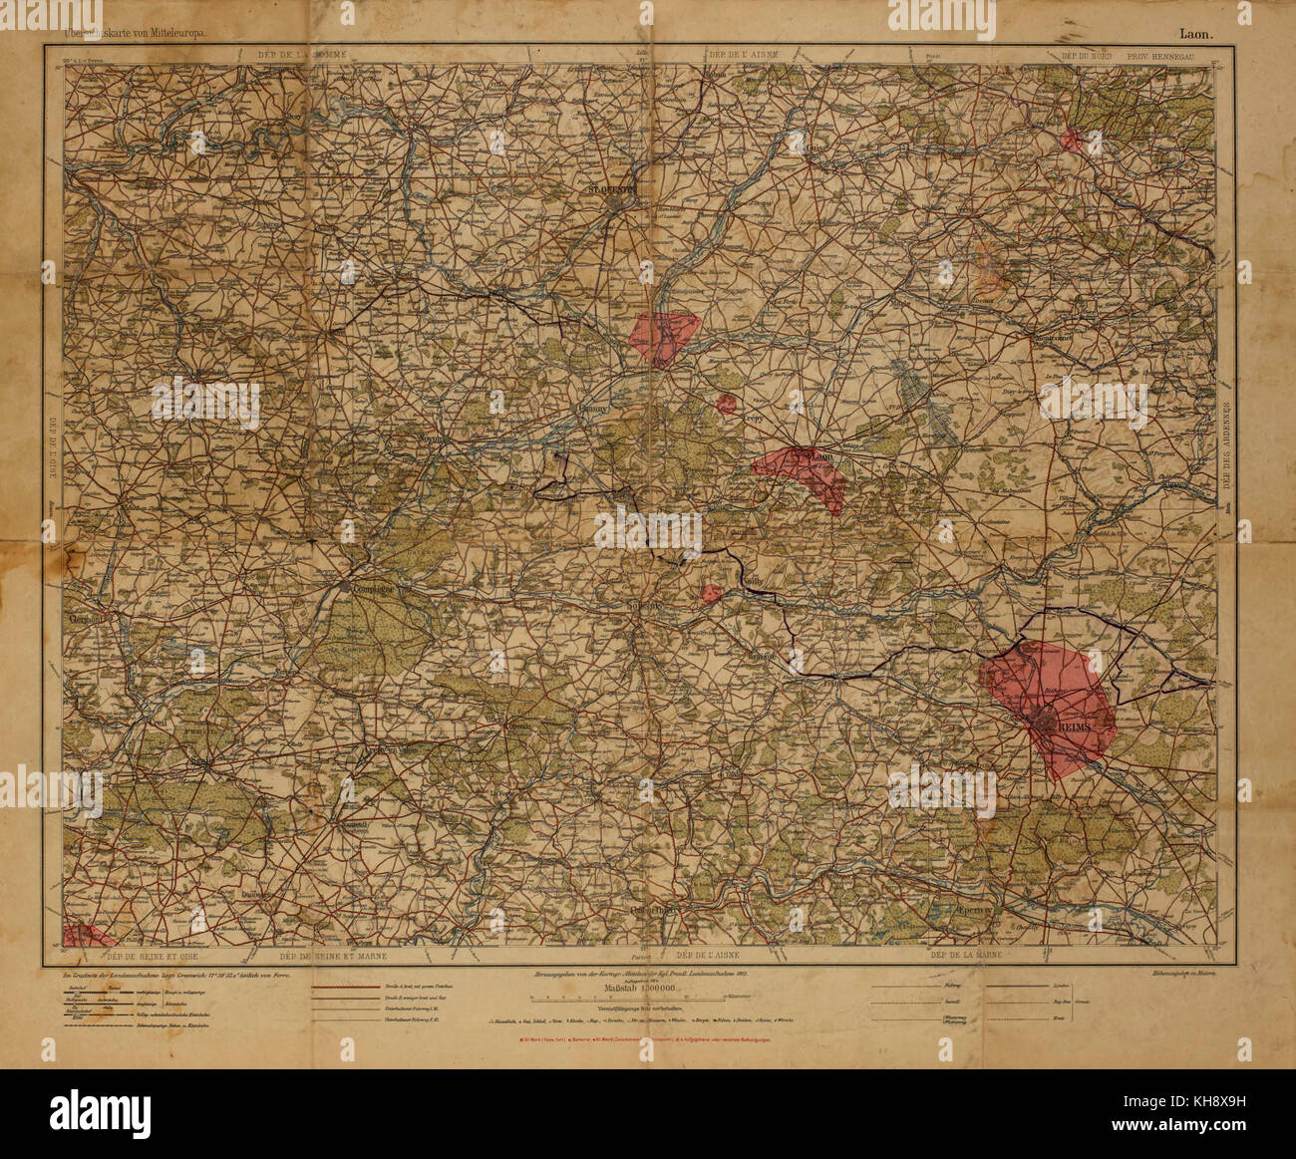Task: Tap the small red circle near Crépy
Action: coord(727,404)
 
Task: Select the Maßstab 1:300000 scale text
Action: coord(641,991)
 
